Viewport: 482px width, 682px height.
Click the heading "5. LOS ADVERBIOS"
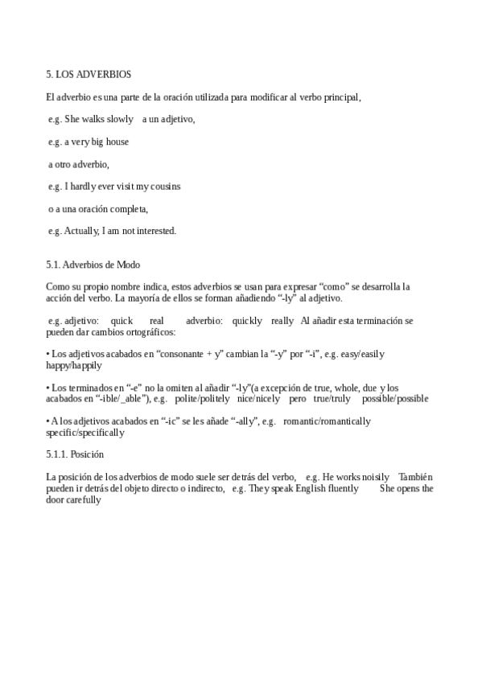point(89,75)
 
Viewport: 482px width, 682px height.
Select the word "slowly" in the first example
point(121,119)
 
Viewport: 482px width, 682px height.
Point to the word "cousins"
point(164,186)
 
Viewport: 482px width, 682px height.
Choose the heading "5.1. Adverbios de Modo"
point(93,264)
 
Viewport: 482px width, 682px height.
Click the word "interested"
point(155,231)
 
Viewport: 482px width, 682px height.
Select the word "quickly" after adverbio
point(247,320)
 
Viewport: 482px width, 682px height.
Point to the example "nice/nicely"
point(258,398)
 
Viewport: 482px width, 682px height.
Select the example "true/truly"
point(332,398)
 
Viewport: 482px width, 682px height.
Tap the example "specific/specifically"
point(85,432)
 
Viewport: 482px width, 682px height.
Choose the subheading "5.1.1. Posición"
point(75,454)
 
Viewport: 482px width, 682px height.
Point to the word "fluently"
point(343,488)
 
